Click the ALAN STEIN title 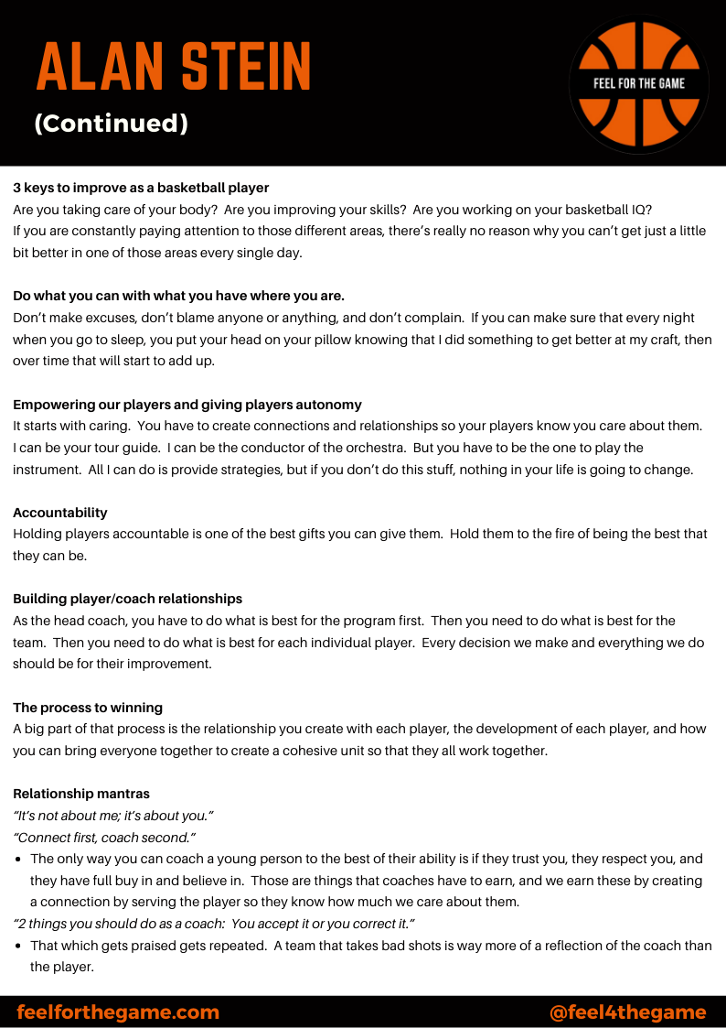(x=174, y=67)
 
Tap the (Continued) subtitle (x=111, y=124)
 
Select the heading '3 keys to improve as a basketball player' (x=141, y=188)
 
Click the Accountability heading (x=60, y=513)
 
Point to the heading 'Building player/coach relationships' (x=127, y=599)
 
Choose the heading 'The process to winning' (x=87, y=708)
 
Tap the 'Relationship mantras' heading (x=81, y=794)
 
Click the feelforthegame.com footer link (x=118, y=1012)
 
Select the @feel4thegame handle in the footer (x=627, y=1012)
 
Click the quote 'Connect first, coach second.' (x=105, y=838)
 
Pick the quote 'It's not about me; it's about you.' (x=113, y=816)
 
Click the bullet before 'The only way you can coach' (x=19, y=860)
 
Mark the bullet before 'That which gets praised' (x=19, y=946)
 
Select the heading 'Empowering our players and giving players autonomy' (x=187, y=405)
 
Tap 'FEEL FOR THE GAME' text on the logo (x=639, y=83)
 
